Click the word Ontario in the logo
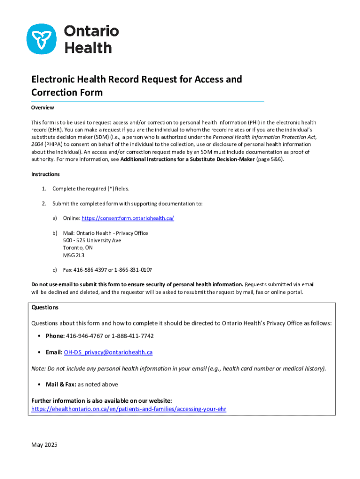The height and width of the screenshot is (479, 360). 91,31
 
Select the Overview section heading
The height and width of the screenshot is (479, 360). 43,108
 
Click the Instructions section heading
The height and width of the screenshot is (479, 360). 45,174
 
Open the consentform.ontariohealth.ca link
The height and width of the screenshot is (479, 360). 128,218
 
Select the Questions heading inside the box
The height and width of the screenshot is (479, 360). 45,307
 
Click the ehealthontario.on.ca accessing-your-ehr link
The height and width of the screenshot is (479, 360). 129,408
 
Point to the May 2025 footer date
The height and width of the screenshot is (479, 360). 44,445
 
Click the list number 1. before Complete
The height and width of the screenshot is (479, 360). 43,189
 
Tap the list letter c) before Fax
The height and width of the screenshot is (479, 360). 55,270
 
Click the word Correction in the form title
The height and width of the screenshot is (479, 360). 54,92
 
